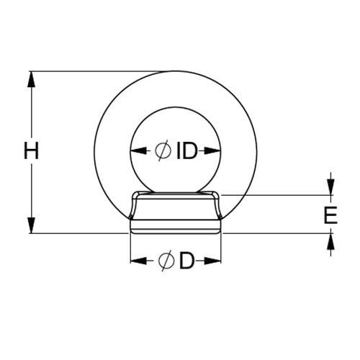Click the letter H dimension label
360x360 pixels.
(x=31, y=150)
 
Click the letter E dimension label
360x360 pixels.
(x=330, y=215)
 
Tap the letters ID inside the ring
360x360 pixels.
(x=187, y=151)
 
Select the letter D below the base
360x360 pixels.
(x=186, y=261)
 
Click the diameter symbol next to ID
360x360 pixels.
(x=163, y=151)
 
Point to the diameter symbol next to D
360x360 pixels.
(x=166, y=261)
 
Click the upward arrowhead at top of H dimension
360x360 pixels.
(x=31, y=79)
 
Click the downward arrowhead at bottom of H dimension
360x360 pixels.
(x=31, y=225)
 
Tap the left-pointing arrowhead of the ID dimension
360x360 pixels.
(x=138, y=151)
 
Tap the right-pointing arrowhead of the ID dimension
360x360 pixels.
(x=212, y=151)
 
